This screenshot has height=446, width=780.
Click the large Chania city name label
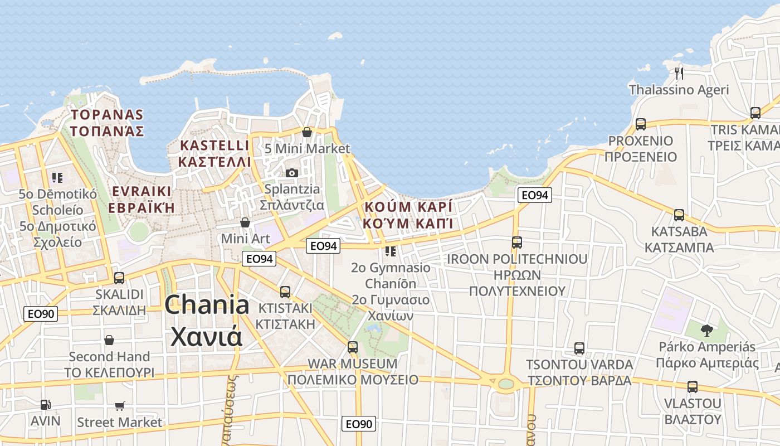click(207, 321)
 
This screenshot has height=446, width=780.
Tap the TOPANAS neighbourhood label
click(108, 123)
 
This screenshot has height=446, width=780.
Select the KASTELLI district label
click(214, 153)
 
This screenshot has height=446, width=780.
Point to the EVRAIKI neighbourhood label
click(142, 200)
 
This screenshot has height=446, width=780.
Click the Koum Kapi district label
click(408, 215)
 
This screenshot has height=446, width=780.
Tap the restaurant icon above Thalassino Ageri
click(679, 73)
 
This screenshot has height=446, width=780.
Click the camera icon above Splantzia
click(291, 173)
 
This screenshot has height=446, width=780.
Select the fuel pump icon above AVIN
click(46, 405)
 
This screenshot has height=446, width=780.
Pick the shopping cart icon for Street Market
click(119, 406)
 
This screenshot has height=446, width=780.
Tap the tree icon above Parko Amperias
click(706, 330)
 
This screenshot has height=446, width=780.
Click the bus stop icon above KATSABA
click(679, 215)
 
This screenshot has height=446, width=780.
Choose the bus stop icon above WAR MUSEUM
click(352, 347)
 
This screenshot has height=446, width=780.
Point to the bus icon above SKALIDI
click(119, 278)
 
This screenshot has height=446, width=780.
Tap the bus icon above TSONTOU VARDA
click(579, 348)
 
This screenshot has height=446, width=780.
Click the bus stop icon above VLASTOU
click(692, 386)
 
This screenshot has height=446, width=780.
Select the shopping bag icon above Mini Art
click(245, 222)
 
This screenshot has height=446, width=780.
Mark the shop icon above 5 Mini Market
click(306, 132)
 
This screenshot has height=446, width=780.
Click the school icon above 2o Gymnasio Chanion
click(391, 251)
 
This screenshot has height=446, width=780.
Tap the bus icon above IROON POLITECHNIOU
click(516, 243)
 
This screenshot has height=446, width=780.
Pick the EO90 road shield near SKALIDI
click(41, 313)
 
